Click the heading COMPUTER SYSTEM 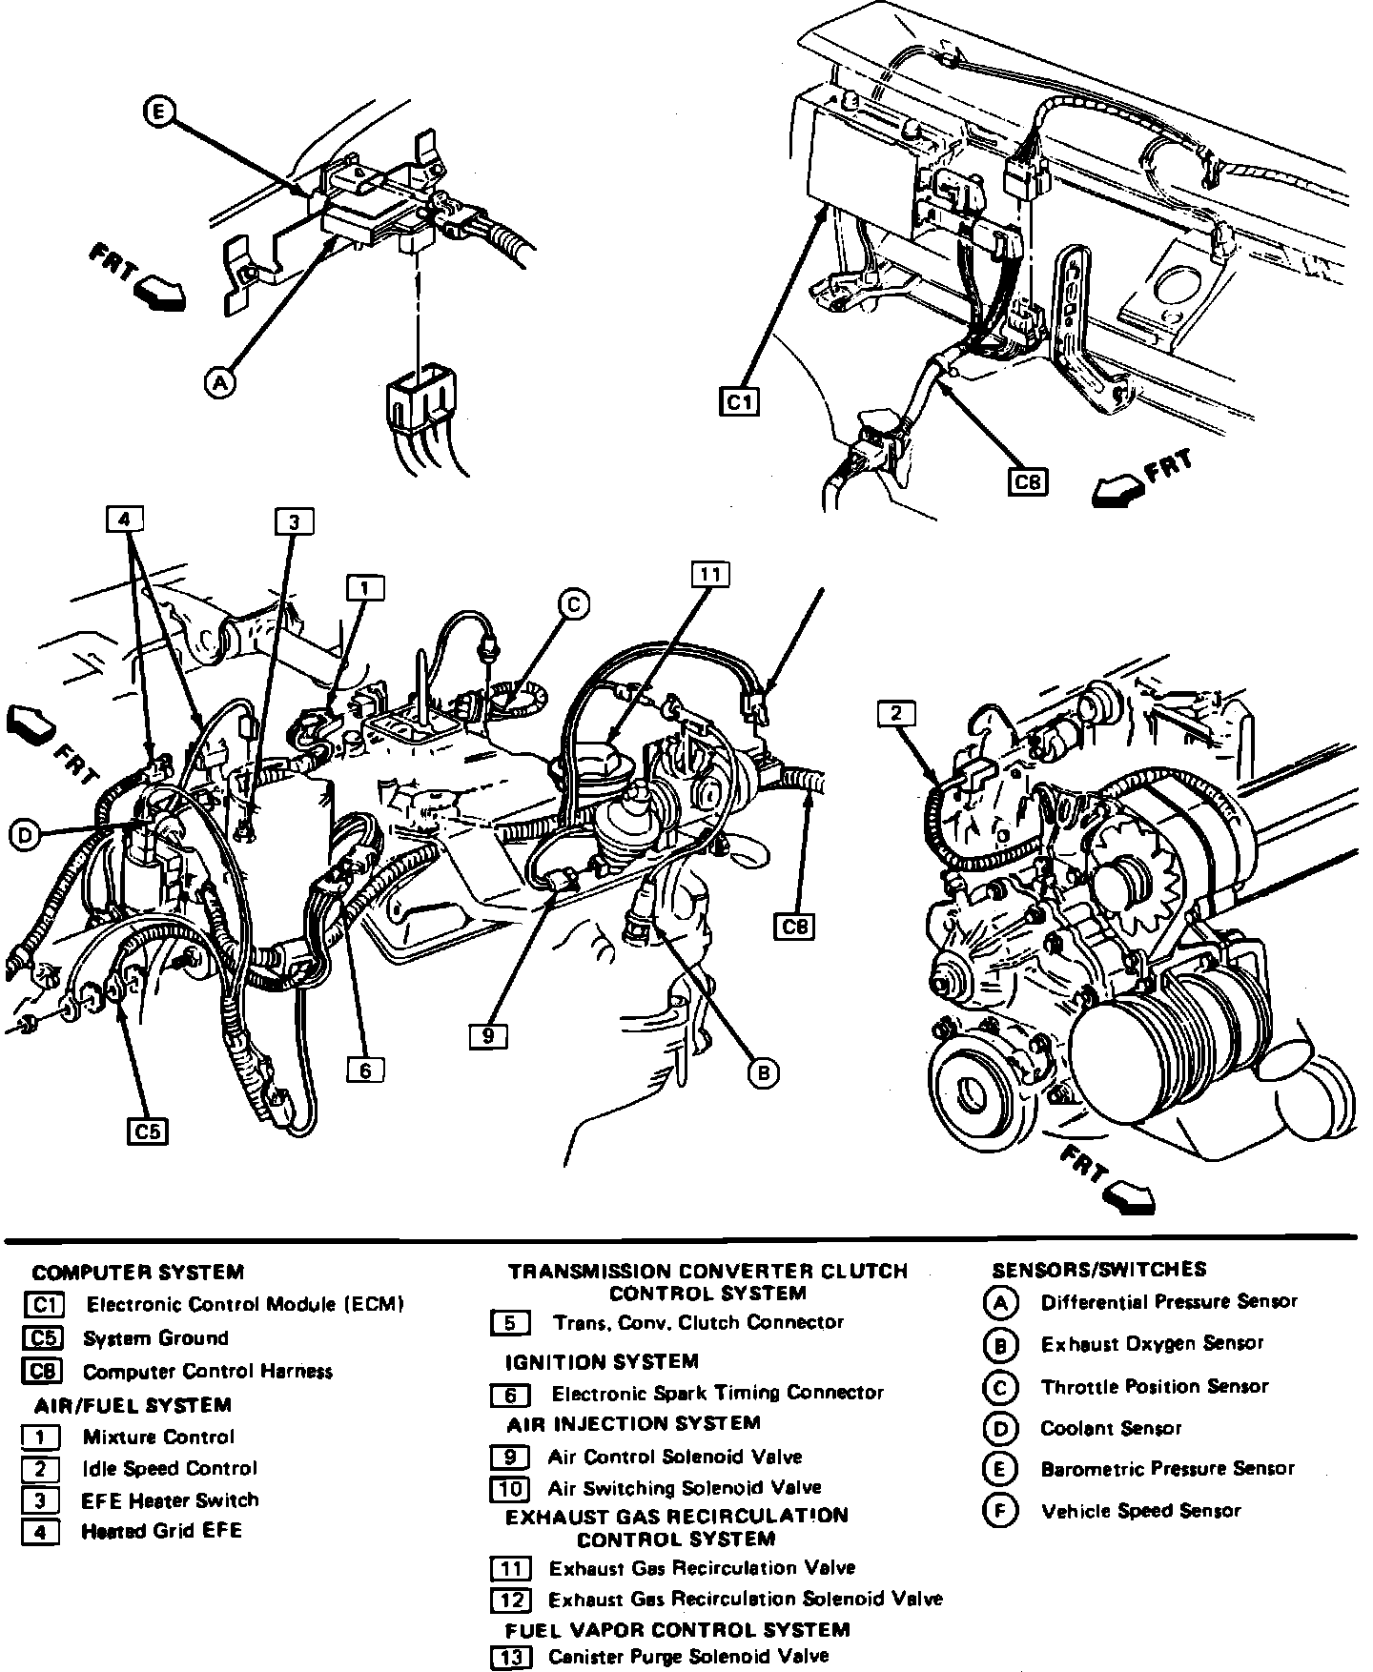tap(138, 1272)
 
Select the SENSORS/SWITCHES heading tap(1098, 1269)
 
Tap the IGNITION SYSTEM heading tap(602, 1361)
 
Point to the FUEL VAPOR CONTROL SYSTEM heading tap(677, 1629)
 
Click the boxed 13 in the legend tap(511, 1658)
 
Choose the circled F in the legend tap(1000, 1511)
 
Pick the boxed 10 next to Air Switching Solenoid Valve tap(511, 1488)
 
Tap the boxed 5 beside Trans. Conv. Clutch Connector tap(510, 1323)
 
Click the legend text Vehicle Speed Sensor tap(1141, 1511)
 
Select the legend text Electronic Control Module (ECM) tap(245, 1304)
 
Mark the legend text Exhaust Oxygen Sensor tap(1152, 1344)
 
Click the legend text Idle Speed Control tap(170, 1469)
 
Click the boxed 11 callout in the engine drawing tap(709, 574)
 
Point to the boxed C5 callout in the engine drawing tap(148, 1132)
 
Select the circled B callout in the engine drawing tap(763, 1073)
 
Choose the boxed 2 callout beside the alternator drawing tap(896, 713)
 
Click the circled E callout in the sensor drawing tap(159, 112)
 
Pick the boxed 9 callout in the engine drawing tap(487, 1035)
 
